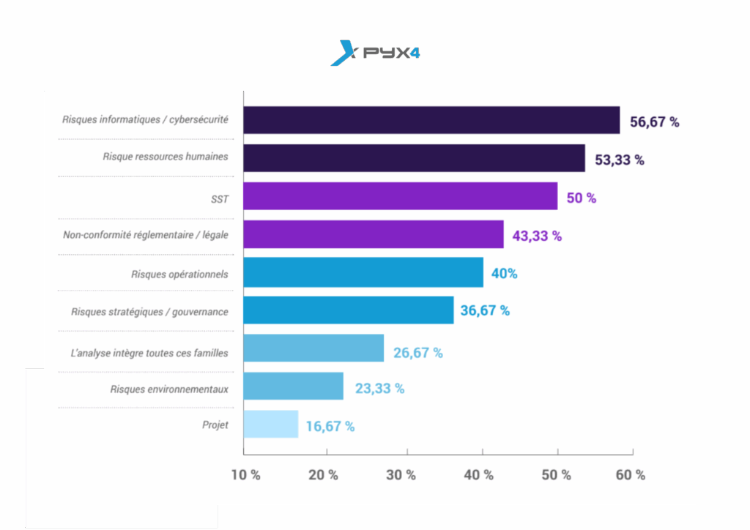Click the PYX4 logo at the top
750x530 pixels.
[375, 53]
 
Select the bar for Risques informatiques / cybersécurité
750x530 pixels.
[431, 120]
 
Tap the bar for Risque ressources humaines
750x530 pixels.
[414, 158]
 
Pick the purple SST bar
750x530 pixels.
[400, 196]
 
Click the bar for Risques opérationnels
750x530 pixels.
[363, 272]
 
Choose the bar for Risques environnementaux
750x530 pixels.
[293, 386]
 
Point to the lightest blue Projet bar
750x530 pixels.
[271, 424]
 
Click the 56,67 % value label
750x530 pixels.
[655, 122]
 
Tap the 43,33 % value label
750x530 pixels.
[536, 236]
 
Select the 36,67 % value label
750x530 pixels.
[485, 310]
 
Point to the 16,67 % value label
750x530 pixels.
[330, 426]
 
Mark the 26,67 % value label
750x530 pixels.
[418, 352]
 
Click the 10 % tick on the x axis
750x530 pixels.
[246, 474]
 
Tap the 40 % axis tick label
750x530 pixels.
[479, 474]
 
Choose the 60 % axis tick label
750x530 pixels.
[631, 474]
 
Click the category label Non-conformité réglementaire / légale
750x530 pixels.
[146, 235]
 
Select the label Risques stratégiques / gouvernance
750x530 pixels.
[149, 312]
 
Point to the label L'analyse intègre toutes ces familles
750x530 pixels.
[149, 353]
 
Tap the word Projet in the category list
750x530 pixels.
[215, 425]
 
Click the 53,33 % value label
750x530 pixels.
[620, 160]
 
